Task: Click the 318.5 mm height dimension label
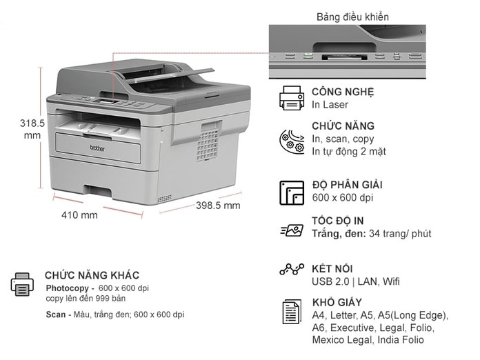(x=32, y=129)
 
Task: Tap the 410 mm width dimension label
(x=79, y=215)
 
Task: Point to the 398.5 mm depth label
(x=218, y=205)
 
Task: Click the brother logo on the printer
(x=97, y=148)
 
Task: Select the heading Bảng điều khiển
(x=352, y=17)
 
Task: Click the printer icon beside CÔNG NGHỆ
(x=292, y=98)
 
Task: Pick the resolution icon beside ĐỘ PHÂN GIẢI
(x=292, y=192)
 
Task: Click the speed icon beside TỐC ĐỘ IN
(x=292, y=230)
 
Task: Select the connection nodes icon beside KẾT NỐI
(x=292, y=269)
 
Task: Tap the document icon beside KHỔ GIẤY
(x=292, y=311)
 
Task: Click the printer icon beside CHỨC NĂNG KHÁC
(x=22, y=285)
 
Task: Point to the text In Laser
(x=330, y=105)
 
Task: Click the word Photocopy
(x=67, y=288)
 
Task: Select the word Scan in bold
(x=56, y=314)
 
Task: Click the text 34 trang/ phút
(x=400, y=234)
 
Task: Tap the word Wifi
(x=391, y=281)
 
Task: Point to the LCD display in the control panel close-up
(x=344, y=57)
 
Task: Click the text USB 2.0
(x=330, y=281)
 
